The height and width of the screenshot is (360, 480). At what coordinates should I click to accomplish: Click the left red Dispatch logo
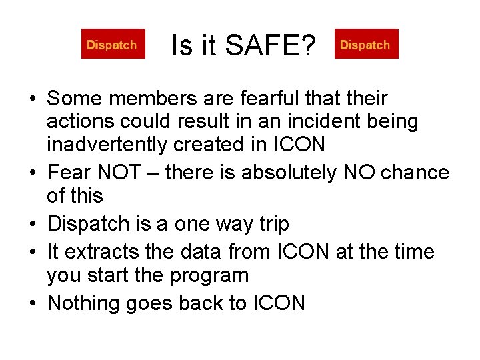point(113,45)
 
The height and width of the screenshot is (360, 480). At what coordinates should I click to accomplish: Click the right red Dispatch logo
point(366,45)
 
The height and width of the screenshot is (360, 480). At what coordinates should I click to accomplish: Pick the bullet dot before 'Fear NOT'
point(33,173)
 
